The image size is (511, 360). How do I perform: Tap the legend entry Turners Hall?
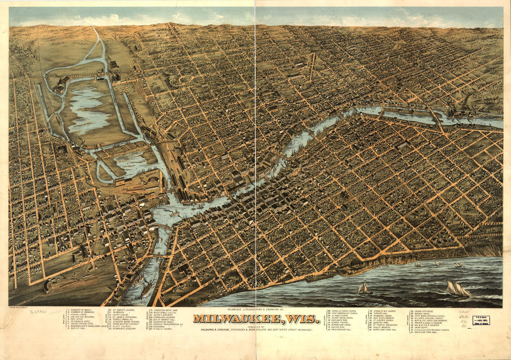(381, 313)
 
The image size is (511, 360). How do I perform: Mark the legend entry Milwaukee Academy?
(124, 329)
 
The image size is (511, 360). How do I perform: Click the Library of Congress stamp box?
(481, 321)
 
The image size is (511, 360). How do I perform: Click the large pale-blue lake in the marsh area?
(88, 111)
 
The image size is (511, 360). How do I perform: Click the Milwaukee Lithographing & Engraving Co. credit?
(255, 309)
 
